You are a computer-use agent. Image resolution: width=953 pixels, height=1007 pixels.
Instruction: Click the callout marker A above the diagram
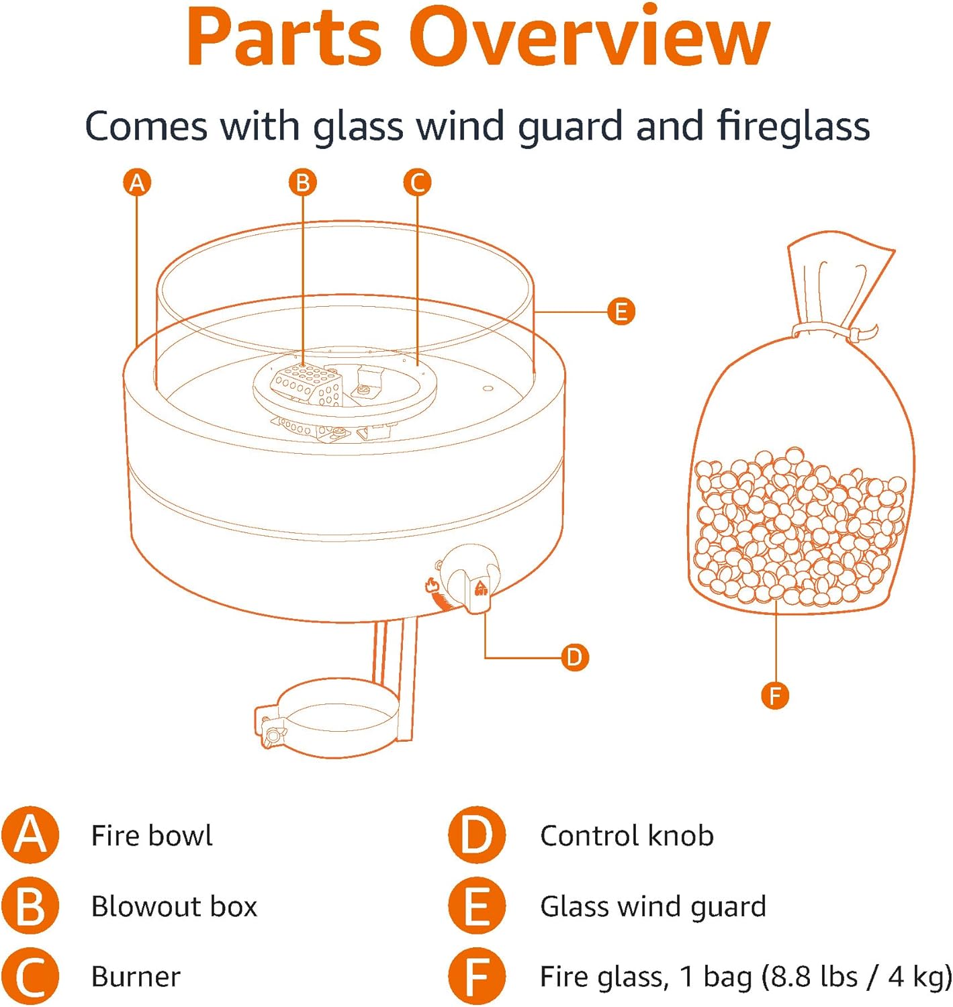137,183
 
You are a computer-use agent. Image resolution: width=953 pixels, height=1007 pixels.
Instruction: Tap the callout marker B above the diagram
302,183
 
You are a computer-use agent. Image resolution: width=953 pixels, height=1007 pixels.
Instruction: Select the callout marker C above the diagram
417,183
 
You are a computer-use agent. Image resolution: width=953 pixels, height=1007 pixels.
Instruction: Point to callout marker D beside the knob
574,657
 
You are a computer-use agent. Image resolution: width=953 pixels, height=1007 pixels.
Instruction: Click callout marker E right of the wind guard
621,311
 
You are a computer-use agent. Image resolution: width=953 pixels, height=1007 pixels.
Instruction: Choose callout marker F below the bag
775,695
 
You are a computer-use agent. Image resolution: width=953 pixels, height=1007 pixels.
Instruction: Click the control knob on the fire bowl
470,577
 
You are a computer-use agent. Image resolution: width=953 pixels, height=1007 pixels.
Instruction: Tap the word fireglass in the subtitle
792,126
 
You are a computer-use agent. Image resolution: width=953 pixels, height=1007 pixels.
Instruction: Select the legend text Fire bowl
152,836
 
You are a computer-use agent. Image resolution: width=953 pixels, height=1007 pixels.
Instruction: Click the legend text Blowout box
174,906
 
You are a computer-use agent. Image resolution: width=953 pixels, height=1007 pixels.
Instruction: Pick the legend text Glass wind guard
653,906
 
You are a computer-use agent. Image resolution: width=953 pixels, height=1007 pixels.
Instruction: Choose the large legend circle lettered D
477,835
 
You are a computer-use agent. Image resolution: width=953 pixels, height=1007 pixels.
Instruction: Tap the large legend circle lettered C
30,976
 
